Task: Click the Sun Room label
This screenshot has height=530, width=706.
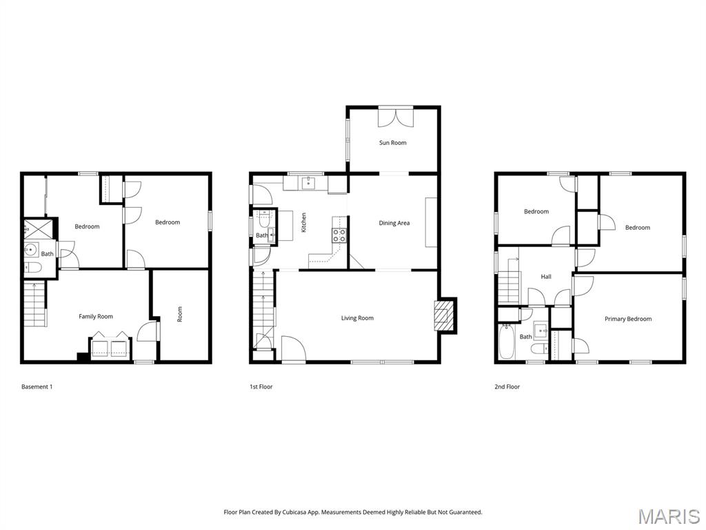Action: coord(393,143)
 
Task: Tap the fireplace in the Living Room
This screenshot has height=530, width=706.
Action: coord(445,315)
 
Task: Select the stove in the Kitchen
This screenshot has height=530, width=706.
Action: coord(339,235)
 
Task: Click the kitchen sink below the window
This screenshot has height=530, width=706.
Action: coord(308,183)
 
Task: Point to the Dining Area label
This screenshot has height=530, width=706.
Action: coord(394,223)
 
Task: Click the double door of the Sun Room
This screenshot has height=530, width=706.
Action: coord(396,117)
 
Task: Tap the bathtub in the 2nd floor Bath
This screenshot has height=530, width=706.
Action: coord(507,343)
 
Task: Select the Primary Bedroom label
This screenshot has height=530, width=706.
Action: coord(628,319)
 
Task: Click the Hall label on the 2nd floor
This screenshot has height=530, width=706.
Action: coord(546,277)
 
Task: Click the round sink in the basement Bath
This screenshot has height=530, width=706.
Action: coord(31,250)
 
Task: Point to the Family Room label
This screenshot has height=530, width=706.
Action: coord(96,317)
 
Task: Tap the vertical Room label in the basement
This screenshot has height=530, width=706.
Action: coord(180,315)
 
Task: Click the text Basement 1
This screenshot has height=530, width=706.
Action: coord(37,387)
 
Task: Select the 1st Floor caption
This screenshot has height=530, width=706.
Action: coord(261,387)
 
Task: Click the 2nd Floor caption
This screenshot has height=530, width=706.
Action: coord(507,387)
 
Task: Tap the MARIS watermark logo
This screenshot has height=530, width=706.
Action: coord(668,516)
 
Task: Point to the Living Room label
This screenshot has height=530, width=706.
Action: coord(357,318)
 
